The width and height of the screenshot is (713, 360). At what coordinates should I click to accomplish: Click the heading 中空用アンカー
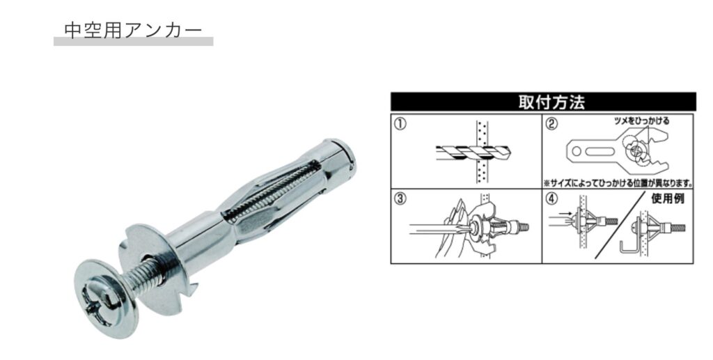point(133,31)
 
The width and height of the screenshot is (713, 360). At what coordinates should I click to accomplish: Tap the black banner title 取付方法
point(551,102)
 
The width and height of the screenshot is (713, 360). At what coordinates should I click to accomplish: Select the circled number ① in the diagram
point(400,124)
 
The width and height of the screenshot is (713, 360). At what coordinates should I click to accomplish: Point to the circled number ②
point(551,124)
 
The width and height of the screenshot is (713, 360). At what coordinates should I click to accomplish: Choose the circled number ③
point(400,199)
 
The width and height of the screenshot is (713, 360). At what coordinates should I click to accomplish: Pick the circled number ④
point(551,199)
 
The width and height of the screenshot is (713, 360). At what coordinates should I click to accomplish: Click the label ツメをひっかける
point(641,121)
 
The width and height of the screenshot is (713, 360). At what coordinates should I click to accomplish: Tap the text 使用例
point(668,198)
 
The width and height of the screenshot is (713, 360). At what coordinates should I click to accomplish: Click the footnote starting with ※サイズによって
point(618,184)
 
